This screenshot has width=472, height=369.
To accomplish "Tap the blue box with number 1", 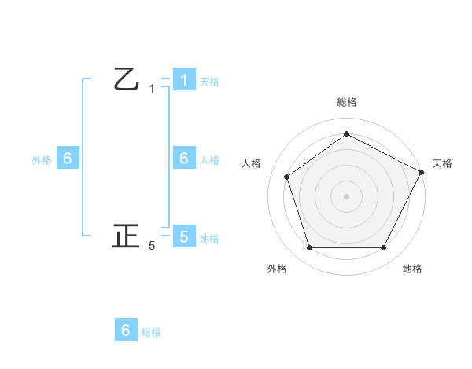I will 183,80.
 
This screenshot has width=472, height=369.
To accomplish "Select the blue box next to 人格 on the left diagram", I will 183,159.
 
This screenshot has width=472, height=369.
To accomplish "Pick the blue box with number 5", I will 183,236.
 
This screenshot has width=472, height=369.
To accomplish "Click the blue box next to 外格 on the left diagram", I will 68,159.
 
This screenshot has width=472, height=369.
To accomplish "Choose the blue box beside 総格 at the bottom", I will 126,330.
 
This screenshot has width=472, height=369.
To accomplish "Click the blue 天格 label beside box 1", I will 209,81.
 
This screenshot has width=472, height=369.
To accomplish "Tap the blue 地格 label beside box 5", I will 209,238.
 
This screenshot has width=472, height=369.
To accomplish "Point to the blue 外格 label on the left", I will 42,160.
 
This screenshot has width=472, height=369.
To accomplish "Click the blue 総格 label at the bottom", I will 151,332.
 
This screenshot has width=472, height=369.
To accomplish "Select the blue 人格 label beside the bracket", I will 209,160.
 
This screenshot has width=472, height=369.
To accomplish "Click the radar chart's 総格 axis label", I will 346,102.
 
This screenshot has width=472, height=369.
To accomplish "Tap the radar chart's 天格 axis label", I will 442,163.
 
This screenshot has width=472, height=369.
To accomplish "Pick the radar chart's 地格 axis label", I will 412,269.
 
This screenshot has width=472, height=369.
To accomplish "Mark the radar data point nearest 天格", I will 422,171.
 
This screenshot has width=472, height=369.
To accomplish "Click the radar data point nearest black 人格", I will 287,177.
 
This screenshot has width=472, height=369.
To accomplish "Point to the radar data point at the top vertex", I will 346,134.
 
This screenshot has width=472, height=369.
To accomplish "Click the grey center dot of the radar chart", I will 346,195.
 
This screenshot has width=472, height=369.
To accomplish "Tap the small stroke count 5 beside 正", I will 152,246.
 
